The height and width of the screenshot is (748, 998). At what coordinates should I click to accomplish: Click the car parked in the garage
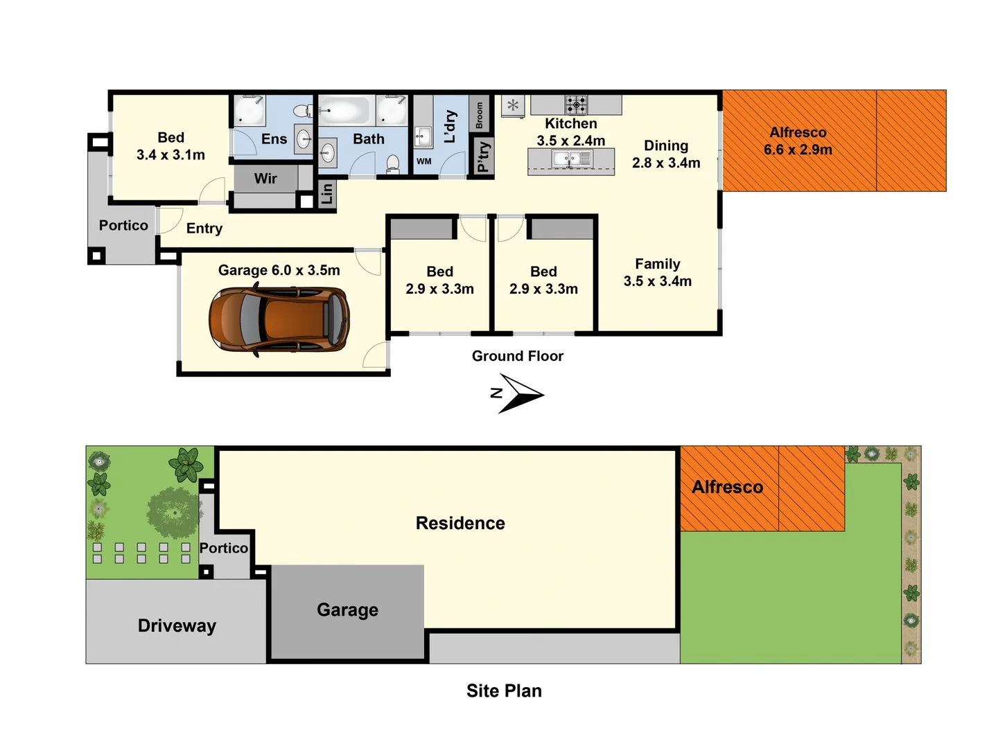279,319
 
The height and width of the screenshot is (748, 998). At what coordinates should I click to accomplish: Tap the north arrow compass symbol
520,394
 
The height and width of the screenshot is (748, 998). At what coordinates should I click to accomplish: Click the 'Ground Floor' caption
517,356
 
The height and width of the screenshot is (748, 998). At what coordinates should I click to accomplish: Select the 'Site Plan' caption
504,691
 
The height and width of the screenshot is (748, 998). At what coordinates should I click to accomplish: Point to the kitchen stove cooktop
576,105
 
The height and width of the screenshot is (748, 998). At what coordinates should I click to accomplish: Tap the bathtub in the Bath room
344,110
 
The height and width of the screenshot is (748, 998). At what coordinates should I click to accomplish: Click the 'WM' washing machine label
423,161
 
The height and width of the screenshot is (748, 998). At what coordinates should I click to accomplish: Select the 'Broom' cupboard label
479,115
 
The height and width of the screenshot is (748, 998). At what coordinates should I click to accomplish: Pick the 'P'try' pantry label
483,157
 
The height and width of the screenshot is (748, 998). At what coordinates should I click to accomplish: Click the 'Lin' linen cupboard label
327,194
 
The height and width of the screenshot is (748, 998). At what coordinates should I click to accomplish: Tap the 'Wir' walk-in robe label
265,179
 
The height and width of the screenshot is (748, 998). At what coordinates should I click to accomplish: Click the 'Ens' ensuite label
274,139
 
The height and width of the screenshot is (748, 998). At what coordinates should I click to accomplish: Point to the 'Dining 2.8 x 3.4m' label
666,154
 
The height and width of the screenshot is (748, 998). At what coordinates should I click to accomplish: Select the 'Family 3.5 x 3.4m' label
657,272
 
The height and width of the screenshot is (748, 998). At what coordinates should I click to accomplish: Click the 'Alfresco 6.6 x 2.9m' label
798,141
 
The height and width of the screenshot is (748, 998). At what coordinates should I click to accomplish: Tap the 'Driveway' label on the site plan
177,625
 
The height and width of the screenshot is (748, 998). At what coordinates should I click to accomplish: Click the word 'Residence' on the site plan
460,523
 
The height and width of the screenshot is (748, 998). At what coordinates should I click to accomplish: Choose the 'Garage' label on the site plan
347,609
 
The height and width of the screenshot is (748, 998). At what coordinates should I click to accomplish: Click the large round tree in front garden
173,513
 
